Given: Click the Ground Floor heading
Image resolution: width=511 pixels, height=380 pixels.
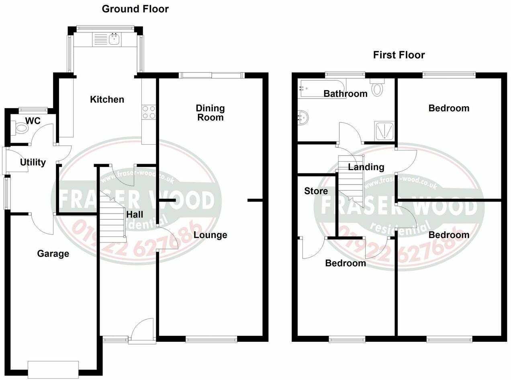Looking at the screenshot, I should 135,9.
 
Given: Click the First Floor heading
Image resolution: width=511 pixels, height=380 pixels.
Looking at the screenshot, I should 399,55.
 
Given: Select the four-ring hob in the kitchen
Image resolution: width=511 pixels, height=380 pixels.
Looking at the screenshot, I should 149,112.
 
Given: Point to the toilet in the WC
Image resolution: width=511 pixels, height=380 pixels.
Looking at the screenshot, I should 21,128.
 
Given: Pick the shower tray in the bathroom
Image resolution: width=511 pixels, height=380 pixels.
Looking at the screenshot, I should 384,130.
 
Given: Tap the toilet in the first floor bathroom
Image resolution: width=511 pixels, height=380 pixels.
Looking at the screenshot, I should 378,87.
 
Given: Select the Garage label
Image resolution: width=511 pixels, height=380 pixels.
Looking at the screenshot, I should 53,254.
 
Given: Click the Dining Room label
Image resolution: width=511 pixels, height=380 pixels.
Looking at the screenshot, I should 210,113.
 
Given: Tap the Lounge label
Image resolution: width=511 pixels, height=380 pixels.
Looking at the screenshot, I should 210,235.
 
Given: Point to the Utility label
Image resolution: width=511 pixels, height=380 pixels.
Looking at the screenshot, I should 33,162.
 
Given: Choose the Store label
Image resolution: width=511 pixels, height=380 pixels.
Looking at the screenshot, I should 316,191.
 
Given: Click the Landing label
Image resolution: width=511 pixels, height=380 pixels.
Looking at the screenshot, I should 366,167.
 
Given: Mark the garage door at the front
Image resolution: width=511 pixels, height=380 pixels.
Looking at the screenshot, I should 53,369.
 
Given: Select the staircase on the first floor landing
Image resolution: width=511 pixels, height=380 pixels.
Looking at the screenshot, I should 351,179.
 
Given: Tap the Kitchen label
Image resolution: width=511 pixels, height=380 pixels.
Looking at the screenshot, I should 107,99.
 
